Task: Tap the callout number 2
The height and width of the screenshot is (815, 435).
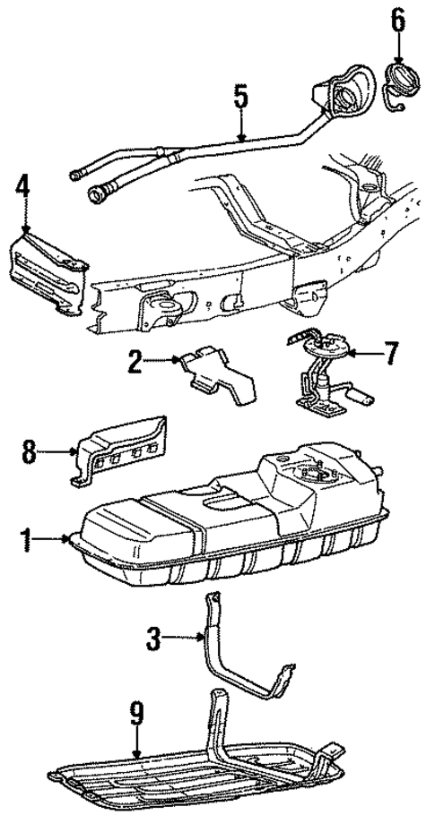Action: [x=135, y=362]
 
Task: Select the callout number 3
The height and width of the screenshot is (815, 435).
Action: [x=154, y=639]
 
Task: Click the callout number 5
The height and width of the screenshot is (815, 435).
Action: [x=240, y=98]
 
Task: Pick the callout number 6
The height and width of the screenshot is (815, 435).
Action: [x=398, y=18]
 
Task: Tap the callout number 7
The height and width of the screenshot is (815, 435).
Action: [x=391, y=354]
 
